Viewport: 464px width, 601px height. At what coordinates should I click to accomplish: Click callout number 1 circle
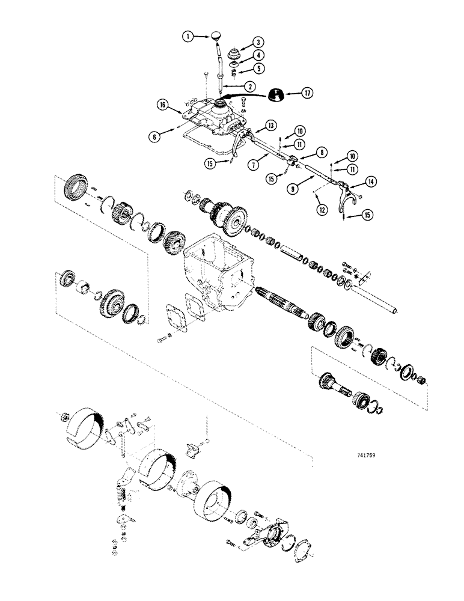click(189, 37)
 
